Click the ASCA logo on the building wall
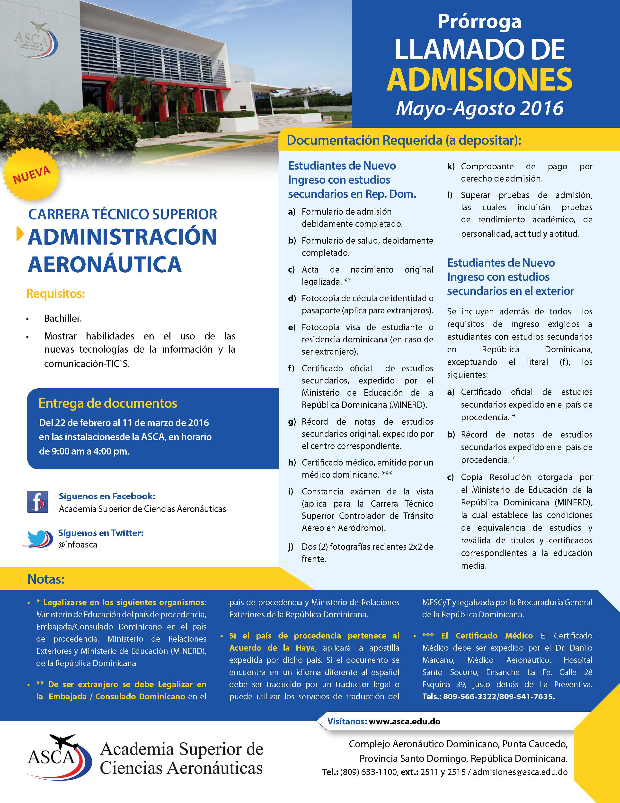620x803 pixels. click(35, 40)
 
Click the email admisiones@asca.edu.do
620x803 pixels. click(520, 772)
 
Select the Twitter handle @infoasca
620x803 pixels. click(78, 545)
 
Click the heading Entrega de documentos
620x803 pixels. click(108, 403)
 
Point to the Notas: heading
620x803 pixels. click(46, 579)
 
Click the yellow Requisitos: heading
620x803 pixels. click(55, 294)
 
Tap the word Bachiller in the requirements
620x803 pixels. click(63, 319)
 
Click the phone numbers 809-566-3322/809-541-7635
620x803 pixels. click(498, 697)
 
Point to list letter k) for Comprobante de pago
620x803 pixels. click(451, 166)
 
